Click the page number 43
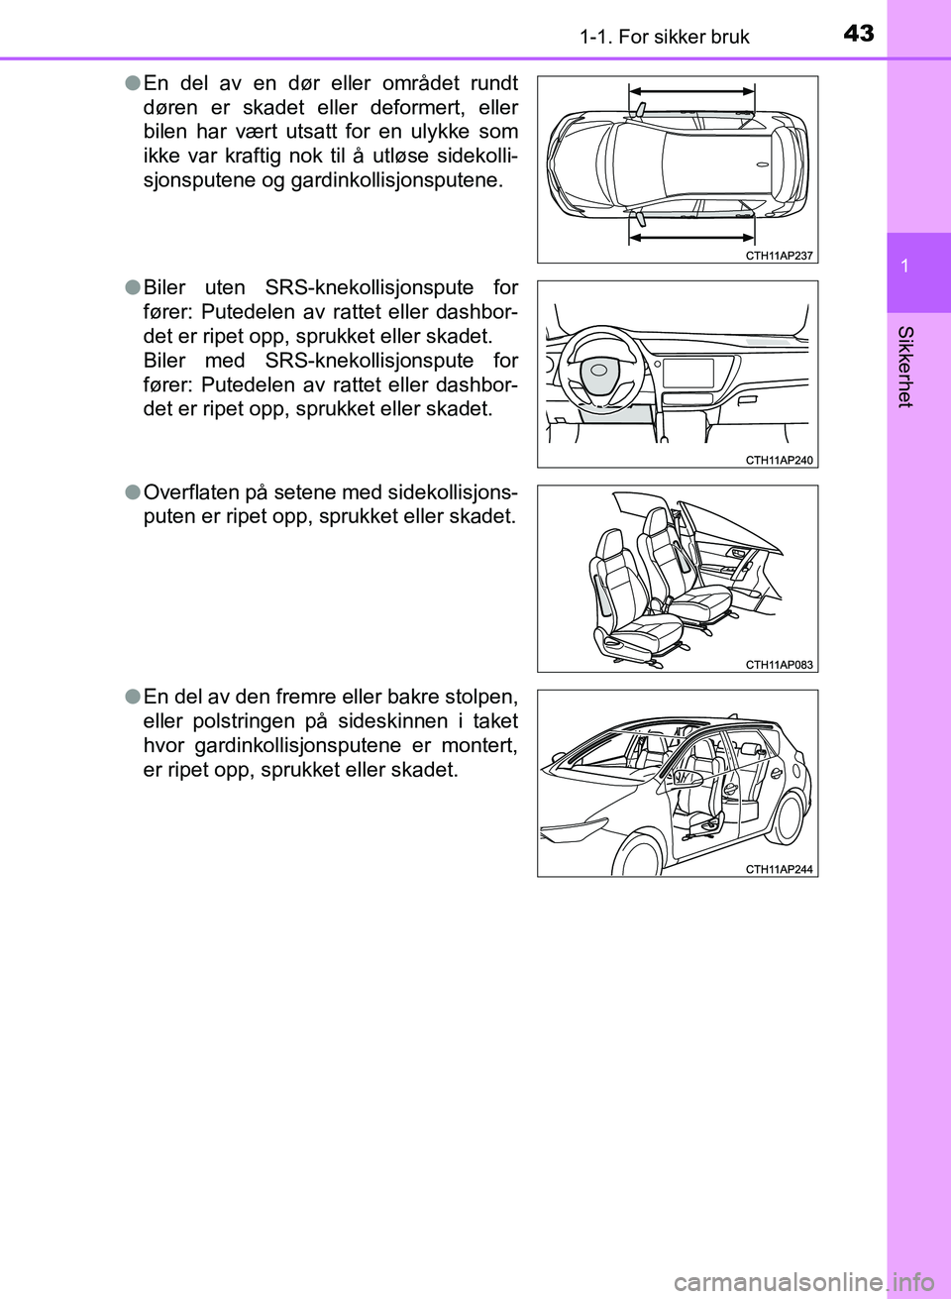[859, 34]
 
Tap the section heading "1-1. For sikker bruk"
[664, 37]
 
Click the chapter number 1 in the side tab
[904, 266]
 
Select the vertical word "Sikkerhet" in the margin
[904, 366]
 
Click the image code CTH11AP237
[779, 256]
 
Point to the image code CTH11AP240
[779, 460]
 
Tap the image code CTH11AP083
[779, 665]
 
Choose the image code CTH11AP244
[779, 869]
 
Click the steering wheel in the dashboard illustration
[600, 371]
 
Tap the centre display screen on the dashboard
[687, 374]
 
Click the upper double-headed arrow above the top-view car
[691, 89]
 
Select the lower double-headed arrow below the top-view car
[691, 238]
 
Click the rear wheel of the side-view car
[790, 816]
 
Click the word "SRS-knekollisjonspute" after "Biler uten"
[370, 287]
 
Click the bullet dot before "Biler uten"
[132, 287]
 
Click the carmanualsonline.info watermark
[809, 1283]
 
